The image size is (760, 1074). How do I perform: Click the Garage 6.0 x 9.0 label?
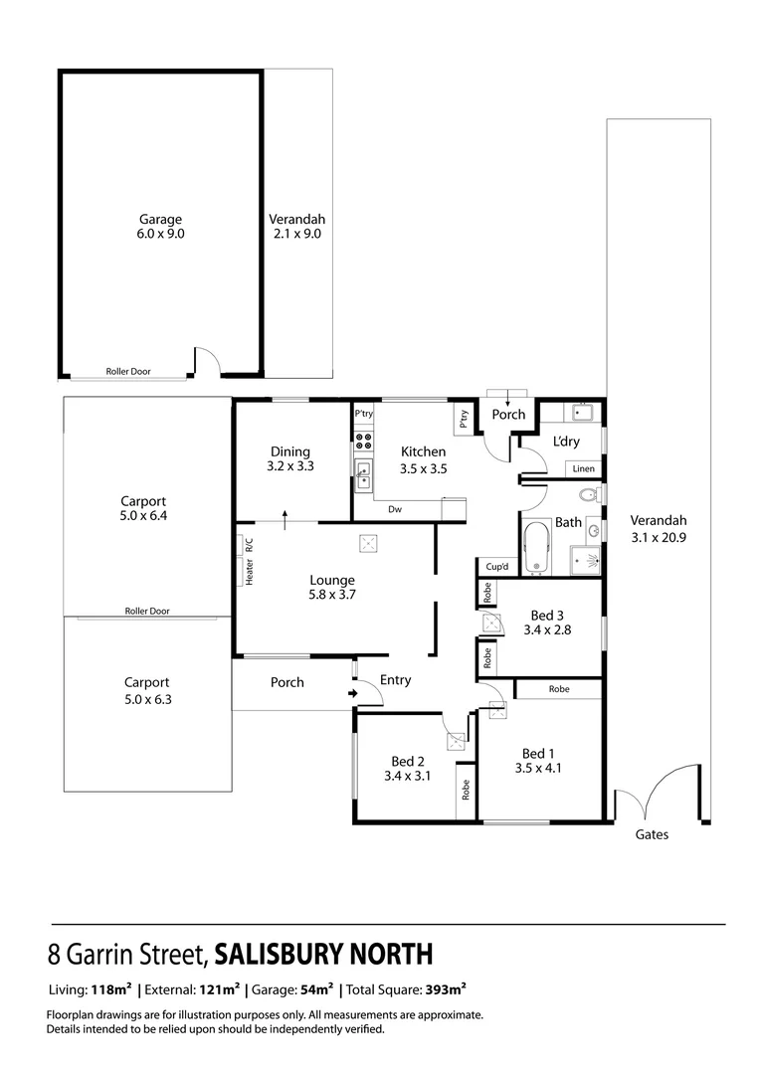(x=160, y=227)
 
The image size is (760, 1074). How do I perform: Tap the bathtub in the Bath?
(x=536, y=548)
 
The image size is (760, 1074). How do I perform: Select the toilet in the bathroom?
(x=588, y=494)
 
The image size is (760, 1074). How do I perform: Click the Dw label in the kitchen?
(x=395, y=509)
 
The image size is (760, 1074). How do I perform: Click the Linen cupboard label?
(x=584, y=468)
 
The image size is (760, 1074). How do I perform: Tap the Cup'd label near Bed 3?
(x=497, y=567)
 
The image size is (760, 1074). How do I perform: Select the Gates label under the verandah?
(x=653, y=834)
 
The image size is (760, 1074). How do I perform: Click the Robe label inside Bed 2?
(x=465, y=790)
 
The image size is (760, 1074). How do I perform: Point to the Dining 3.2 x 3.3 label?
(x=290, y=458)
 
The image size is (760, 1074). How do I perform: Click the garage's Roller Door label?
(x=128, y=371)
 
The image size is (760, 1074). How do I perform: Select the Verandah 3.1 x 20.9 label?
(x=659, y=528)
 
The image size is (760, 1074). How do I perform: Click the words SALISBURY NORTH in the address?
(x=324, y=955)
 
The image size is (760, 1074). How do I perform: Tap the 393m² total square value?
(x=445, y=989)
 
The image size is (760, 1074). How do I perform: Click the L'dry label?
(x=566, y=442)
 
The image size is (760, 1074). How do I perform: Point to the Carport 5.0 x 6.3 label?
(x=146, y=690)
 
